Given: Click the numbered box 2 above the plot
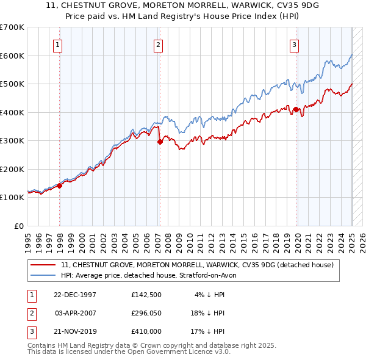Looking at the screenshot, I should click(x=157, y=44).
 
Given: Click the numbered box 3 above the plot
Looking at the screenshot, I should click(x=294, y=44).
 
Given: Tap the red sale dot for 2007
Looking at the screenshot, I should click(x=160, y=142).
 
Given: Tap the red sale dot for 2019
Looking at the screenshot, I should click(x=296, y=110).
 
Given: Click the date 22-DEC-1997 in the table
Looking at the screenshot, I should click(x=75, y=295).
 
